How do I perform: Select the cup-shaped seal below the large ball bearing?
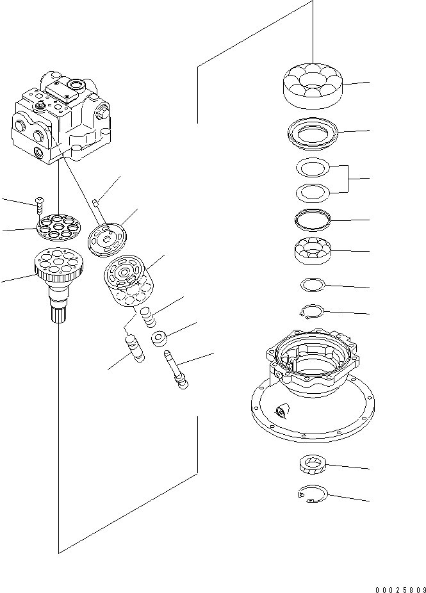click(x=313, y=134)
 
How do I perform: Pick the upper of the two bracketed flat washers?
click(x=313, y=168)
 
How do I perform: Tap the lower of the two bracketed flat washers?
click(x=313, y=191)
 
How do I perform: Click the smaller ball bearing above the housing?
click(x=312, y=251)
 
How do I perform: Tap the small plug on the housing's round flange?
click(x=279, y=412)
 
